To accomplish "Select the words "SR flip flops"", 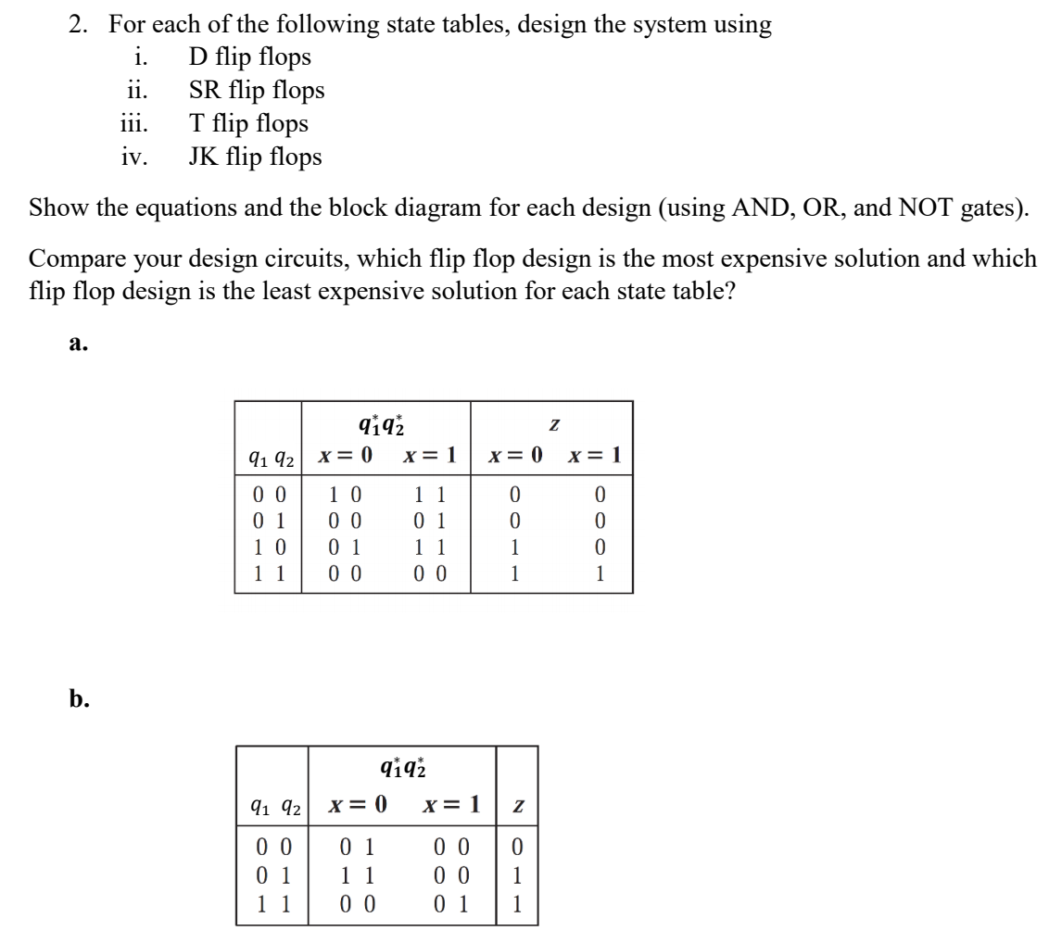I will (257, 91).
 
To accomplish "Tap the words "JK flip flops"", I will (256, 157).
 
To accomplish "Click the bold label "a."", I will (78, 344).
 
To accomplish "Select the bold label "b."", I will (79, 699).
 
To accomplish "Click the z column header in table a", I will (553, 423).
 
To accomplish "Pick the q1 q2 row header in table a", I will (267, 457).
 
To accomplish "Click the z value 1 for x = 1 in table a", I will (600, 574).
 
